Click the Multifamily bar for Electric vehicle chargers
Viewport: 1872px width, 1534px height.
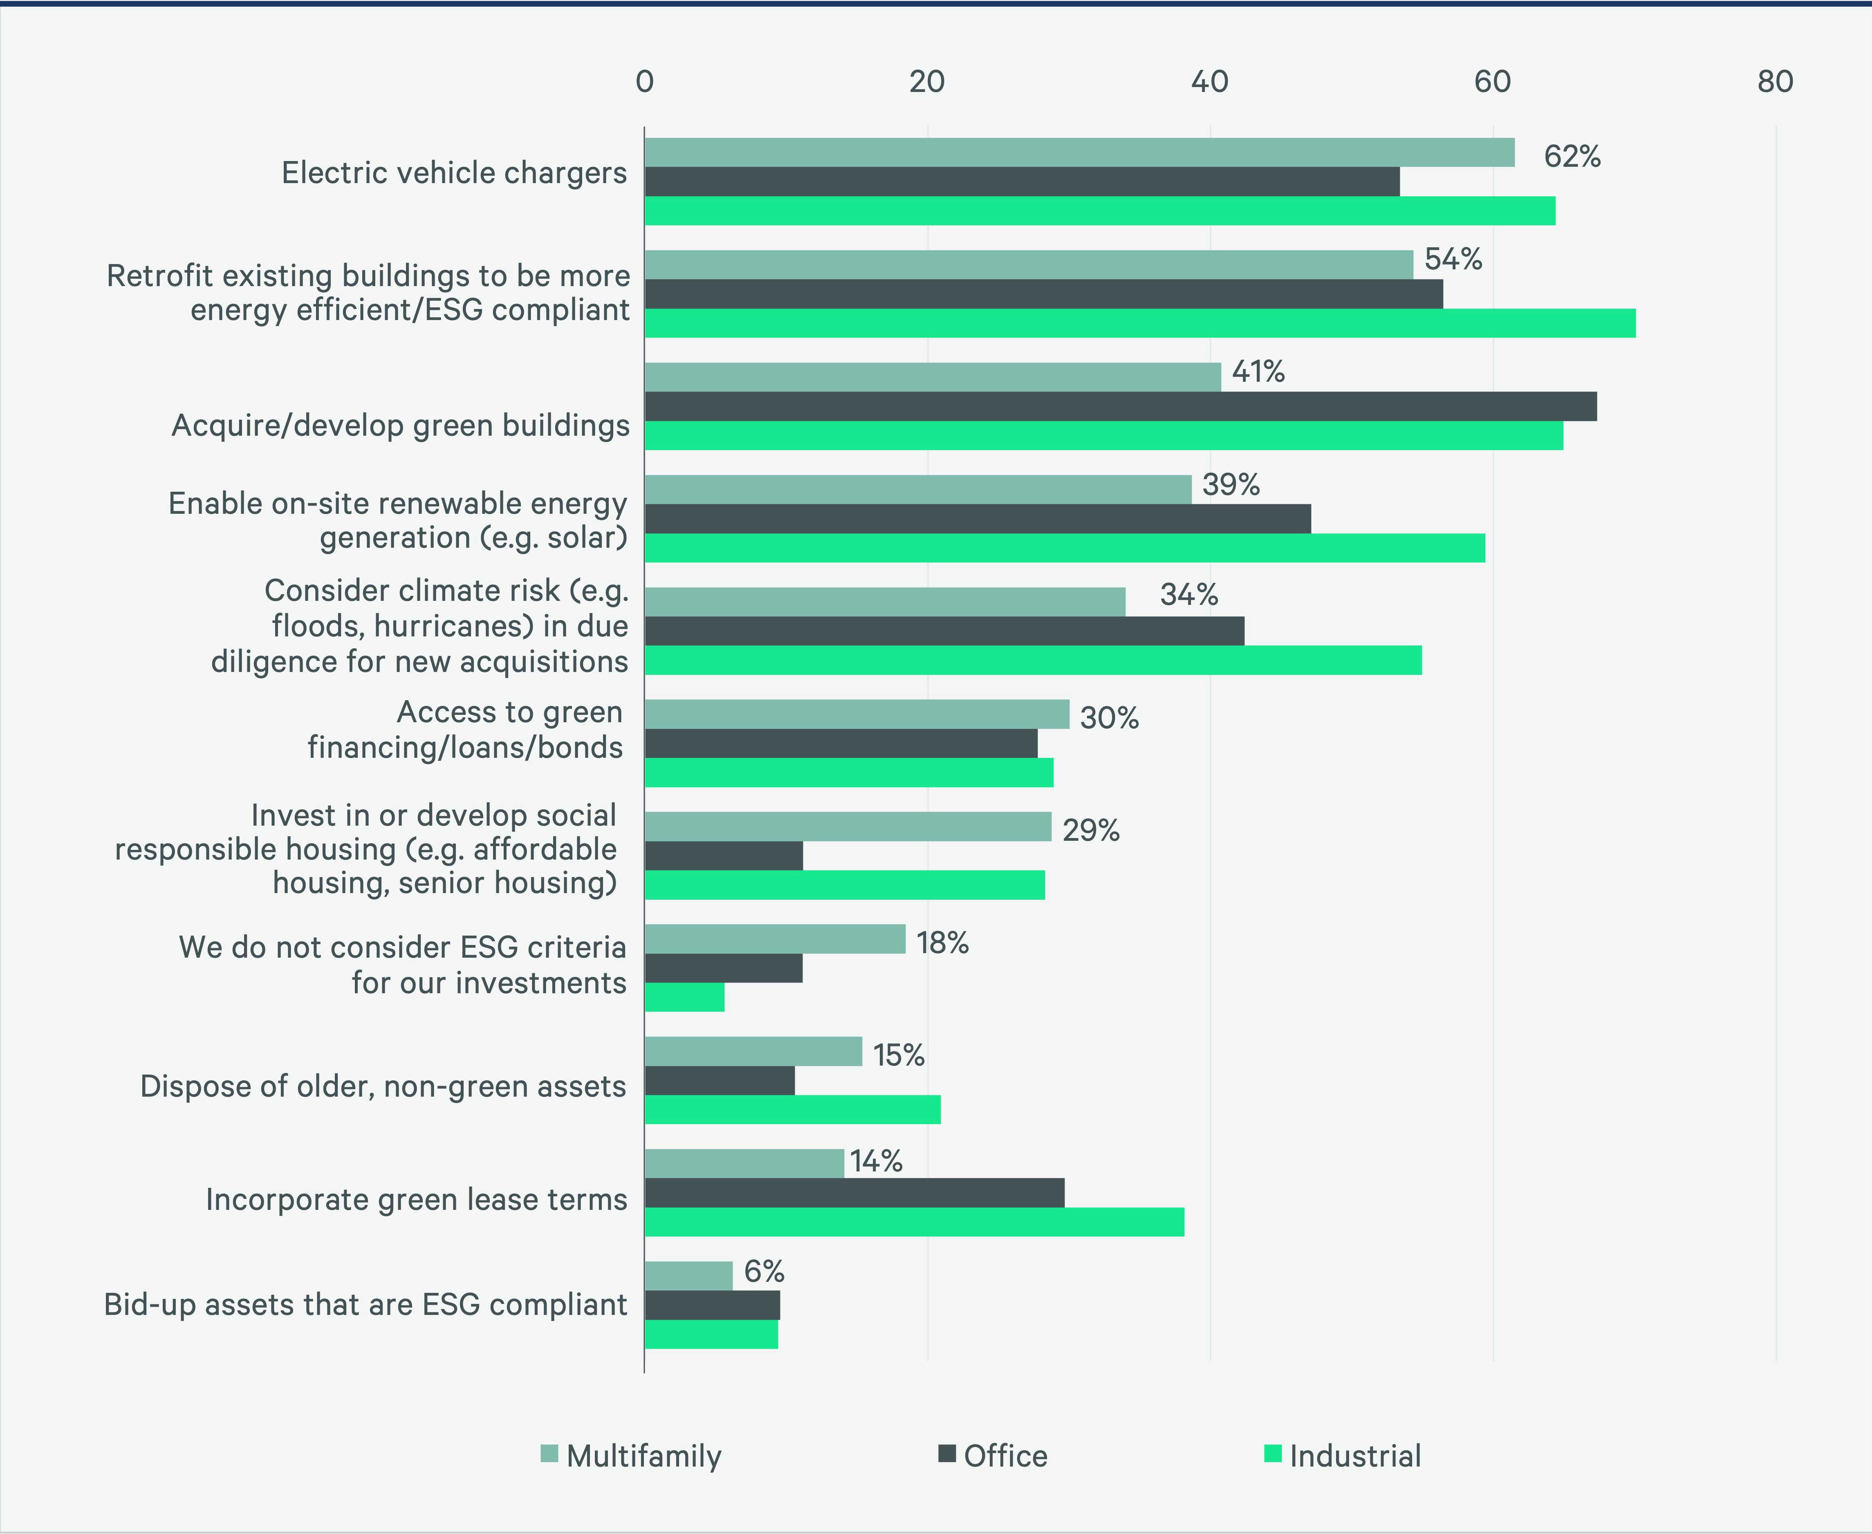click(x=1078, y=153)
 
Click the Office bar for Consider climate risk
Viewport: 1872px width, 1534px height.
click(x=944, y=631)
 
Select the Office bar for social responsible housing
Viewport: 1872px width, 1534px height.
click(x=723, y=855)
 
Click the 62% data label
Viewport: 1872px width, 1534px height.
click(x=1572, y=157)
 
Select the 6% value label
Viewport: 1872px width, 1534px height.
click(x=764, y=1272)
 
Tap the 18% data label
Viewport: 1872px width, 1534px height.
click(x=942, y=943)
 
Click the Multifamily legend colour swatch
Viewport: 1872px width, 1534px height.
click(x=549, y=1453)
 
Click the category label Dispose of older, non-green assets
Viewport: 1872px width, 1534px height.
click(x=383, y=1086)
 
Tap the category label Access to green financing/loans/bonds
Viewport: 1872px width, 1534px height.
click(x=465, y=730)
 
